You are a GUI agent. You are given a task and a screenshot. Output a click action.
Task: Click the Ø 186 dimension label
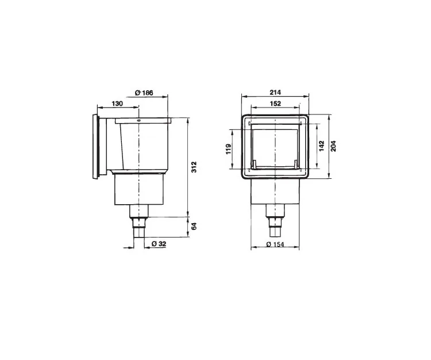pyautogui.click(x=144, y=93)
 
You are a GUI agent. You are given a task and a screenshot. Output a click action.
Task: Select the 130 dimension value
pyautogui.click(x=117, y=104)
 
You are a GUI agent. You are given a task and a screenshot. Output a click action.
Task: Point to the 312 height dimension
pyautogui.click(x=194, y=167)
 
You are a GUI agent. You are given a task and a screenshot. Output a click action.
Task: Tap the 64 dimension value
pyautogui.click(x=194, y=227)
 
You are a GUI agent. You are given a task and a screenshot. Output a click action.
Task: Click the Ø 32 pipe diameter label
pyautogui.click(x=159, y=244)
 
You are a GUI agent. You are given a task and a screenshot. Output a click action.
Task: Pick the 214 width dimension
pyautogui.click(x=275, y=92)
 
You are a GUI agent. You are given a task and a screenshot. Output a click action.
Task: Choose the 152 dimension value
pyautogui.click(x=275, y=104)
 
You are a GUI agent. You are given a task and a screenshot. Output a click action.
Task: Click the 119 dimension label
pyautogui.click(x=229, y=149)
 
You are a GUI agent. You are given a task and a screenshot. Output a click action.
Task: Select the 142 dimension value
pyautogui.click(x=322, y=145)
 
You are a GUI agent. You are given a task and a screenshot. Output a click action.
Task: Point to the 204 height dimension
pyautogui.click(x=333, y=145)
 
